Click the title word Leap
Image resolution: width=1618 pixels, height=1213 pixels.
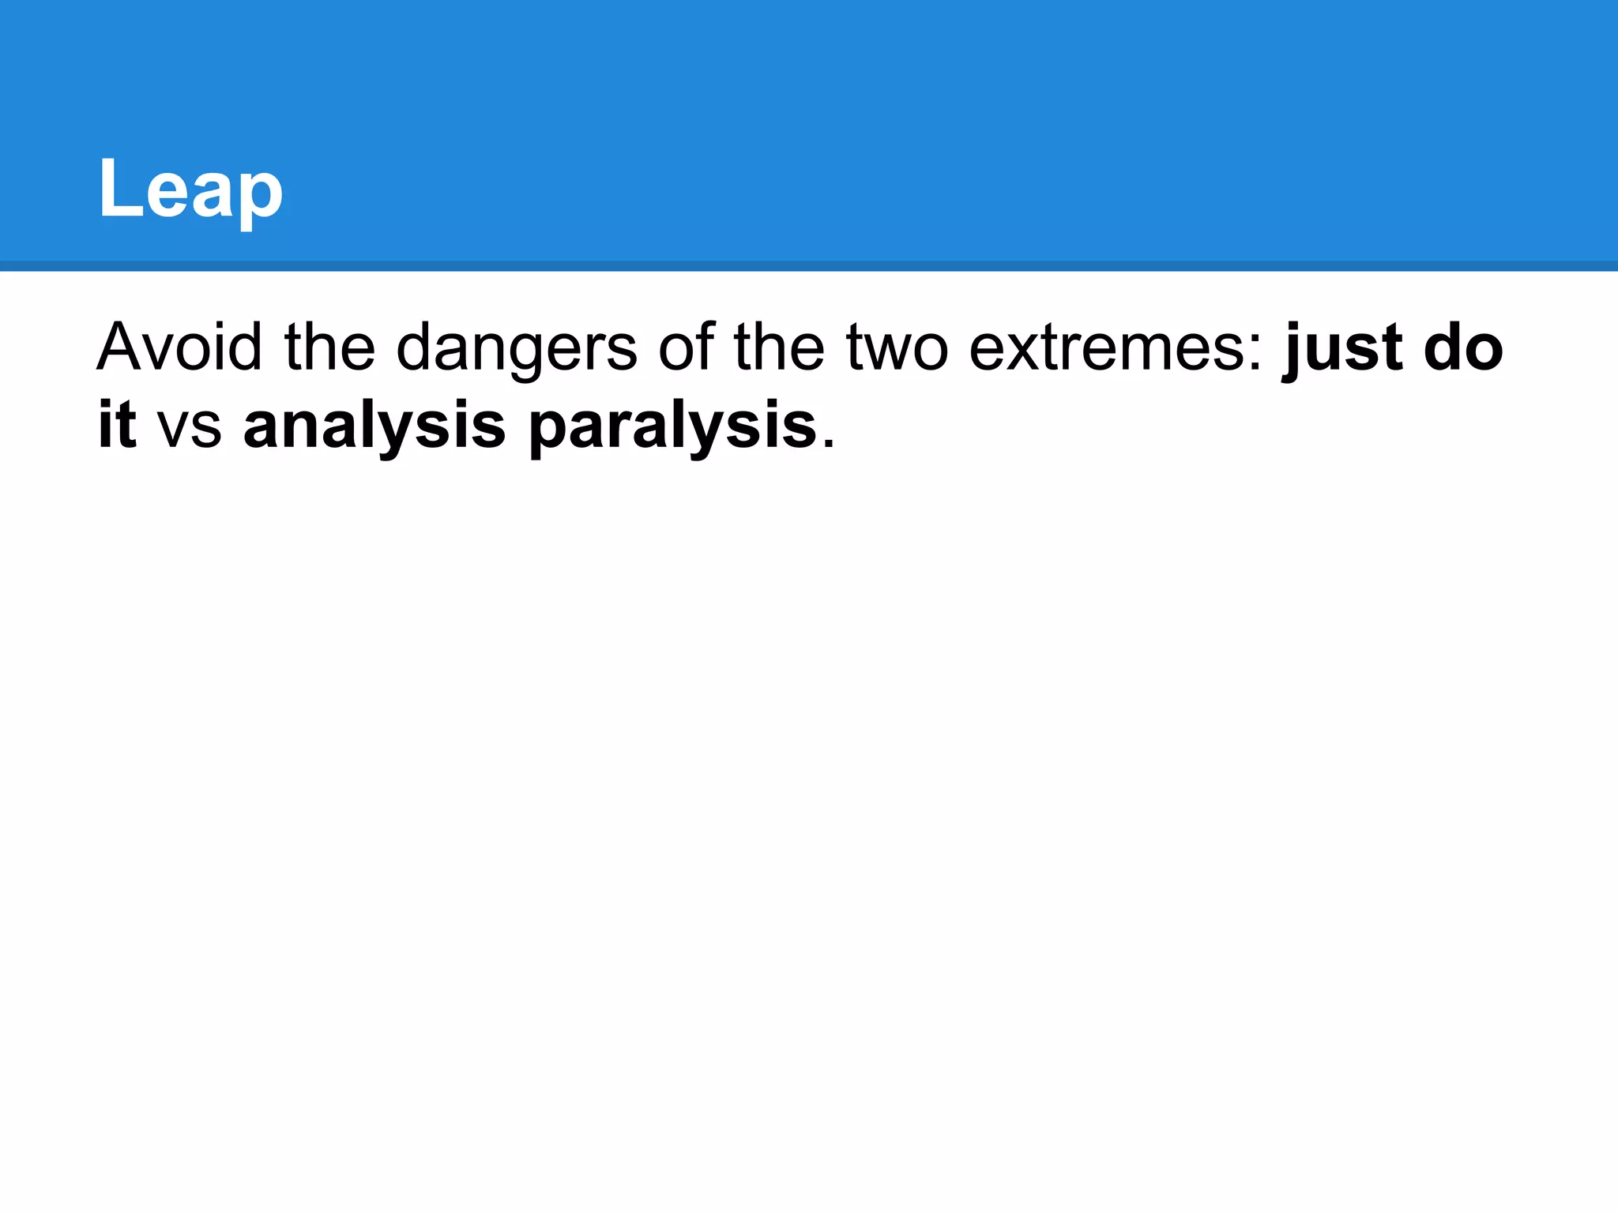tap(190, 190)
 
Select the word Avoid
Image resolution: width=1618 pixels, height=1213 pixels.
tap(179, 347)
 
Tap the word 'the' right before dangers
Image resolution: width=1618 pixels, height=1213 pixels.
tap(329, 347)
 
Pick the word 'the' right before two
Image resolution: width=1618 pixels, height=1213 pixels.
tap(779, 347)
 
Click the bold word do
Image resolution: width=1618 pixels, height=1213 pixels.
tap(1463, 347)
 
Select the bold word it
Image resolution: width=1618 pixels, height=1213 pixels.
tap(117, 425)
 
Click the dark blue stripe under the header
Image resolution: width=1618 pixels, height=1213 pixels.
tap(809, 266)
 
